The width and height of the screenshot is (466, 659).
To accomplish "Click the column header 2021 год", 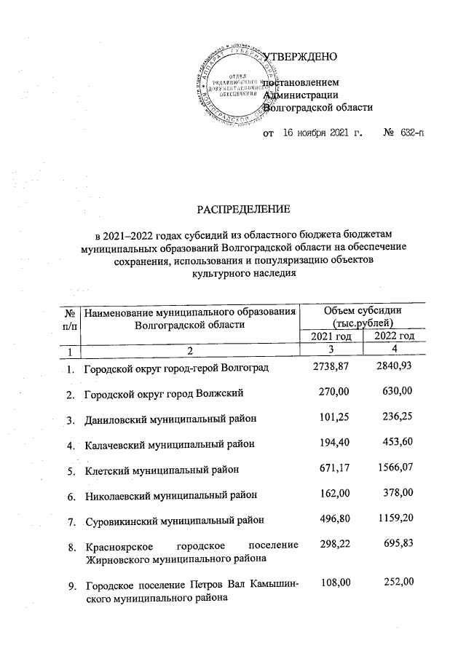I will pos(333,336).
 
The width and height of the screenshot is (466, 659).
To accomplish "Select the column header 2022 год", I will pos(394,336).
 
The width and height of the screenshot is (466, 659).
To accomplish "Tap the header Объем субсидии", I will pos(362,312).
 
